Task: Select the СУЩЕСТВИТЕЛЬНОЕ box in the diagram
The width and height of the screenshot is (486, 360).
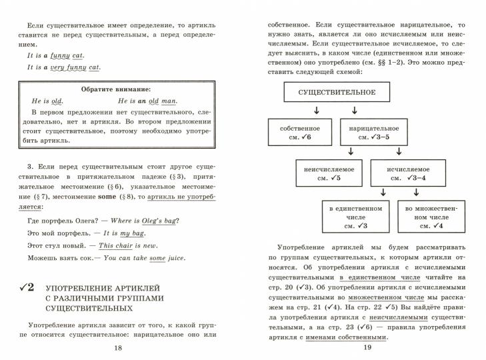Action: pyautogui.click(x=337, y=92)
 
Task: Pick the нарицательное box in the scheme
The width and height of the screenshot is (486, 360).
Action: pyautogui.click(x=374, y=132)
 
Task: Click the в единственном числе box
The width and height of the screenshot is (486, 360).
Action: pyautogui.click(x=356, y=217)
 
